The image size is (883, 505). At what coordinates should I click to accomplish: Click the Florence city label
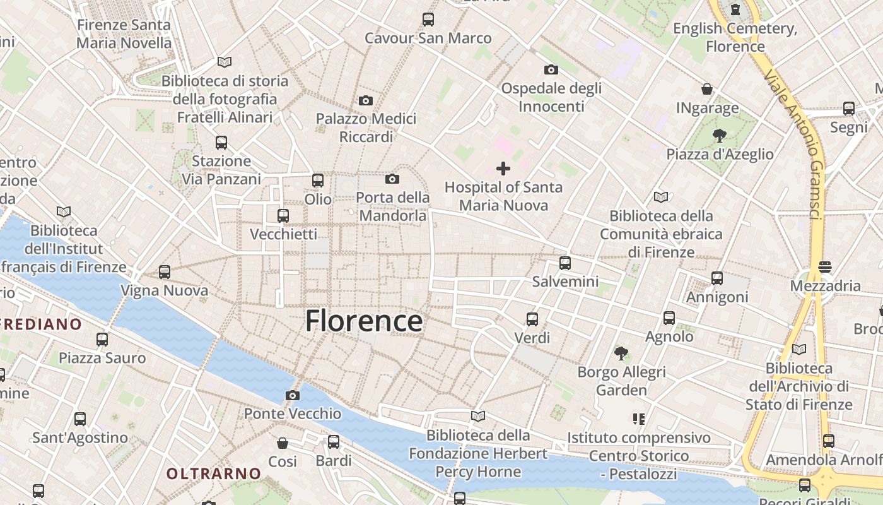364,321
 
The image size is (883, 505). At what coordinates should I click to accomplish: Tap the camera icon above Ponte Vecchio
293,395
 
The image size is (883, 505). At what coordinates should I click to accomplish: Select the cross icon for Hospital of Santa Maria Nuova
503,168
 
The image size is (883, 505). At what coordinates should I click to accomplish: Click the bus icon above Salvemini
565,263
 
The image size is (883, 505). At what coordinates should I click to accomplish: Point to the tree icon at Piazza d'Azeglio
719,135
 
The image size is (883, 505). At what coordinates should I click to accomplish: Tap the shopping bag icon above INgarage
707,90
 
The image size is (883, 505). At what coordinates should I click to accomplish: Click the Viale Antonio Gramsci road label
792,145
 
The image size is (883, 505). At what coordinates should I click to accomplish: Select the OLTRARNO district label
213,473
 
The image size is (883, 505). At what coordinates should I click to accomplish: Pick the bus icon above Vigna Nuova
165,271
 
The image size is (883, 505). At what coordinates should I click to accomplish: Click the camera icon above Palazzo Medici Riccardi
365,100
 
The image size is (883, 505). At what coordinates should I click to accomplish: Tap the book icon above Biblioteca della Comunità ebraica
661,197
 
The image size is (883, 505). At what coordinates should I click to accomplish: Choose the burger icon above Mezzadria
825,267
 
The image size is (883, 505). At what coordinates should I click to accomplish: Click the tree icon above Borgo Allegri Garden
621,353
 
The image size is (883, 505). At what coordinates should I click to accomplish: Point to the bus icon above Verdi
532,319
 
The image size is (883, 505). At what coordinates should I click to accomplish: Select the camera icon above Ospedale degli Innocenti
551,69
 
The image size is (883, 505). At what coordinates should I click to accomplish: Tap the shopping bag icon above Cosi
283,443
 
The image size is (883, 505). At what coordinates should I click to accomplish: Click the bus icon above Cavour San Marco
428,19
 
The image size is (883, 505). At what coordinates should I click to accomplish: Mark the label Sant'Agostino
80,437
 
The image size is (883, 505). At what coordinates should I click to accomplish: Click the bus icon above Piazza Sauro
102,339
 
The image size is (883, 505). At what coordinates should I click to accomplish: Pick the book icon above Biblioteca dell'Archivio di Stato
799,349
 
